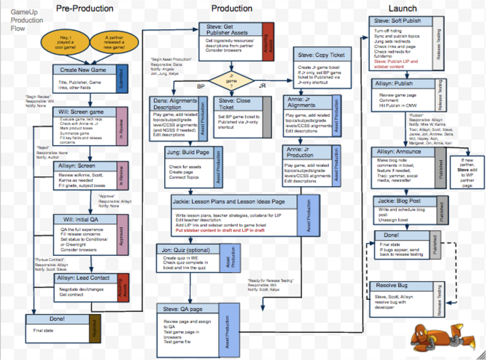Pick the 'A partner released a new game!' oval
[114, 43]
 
